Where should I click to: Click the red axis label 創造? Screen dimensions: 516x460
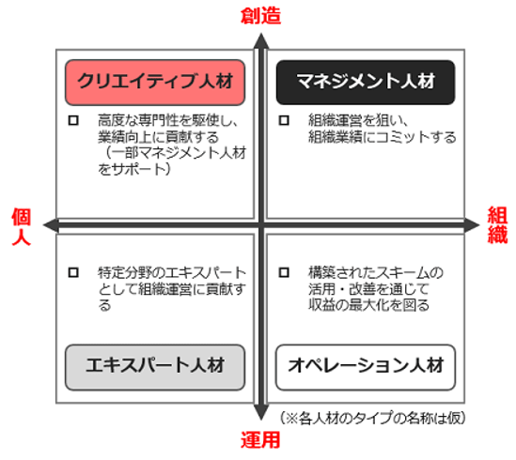coord(260,16)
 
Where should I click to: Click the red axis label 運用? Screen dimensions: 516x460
coord(260,440)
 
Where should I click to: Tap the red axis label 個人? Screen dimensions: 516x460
coord(22,226)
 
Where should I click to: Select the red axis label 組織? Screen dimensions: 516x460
coord(497,225)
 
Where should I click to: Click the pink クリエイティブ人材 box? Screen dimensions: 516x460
coord(155,83)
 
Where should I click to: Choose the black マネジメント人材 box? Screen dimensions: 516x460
coord(366,83)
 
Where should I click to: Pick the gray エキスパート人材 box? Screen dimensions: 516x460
coord(155,367)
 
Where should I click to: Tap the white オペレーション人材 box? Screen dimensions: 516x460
coord(366,367)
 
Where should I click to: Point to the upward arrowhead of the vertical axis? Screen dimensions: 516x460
coord(261,40)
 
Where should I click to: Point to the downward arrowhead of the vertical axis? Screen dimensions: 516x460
coord(261,412)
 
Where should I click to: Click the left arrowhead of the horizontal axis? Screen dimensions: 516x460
coord(51,225)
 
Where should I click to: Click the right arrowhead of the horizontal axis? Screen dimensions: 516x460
coord(472,225)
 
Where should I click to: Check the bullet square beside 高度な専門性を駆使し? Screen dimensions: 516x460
coord(73,120)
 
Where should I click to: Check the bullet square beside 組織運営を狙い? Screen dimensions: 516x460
coord(284,120)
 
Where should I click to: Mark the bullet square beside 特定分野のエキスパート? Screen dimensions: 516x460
coord(73,272)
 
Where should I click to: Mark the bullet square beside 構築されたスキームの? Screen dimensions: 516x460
coord(284,272)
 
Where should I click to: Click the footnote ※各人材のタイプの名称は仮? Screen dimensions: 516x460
coord(373,419)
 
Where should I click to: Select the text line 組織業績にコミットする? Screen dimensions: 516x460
coord(382,137)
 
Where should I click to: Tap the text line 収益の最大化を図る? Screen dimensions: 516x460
coord(368,305)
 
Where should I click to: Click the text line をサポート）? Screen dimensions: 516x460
coord(134,169)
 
